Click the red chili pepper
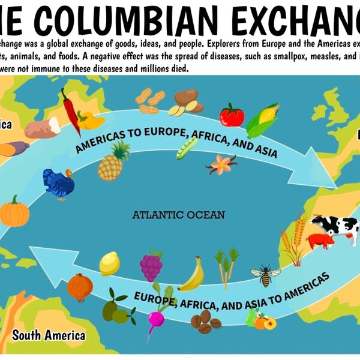pos(71,110)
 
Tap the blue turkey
pos(58,182)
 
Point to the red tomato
pos(231,115)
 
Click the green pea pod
pos(187,148)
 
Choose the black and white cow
pos(335,227)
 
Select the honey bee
pos(265,275)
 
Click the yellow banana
pos(193,276)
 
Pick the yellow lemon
pos(110,263)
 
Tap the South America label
pos(49,335)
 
